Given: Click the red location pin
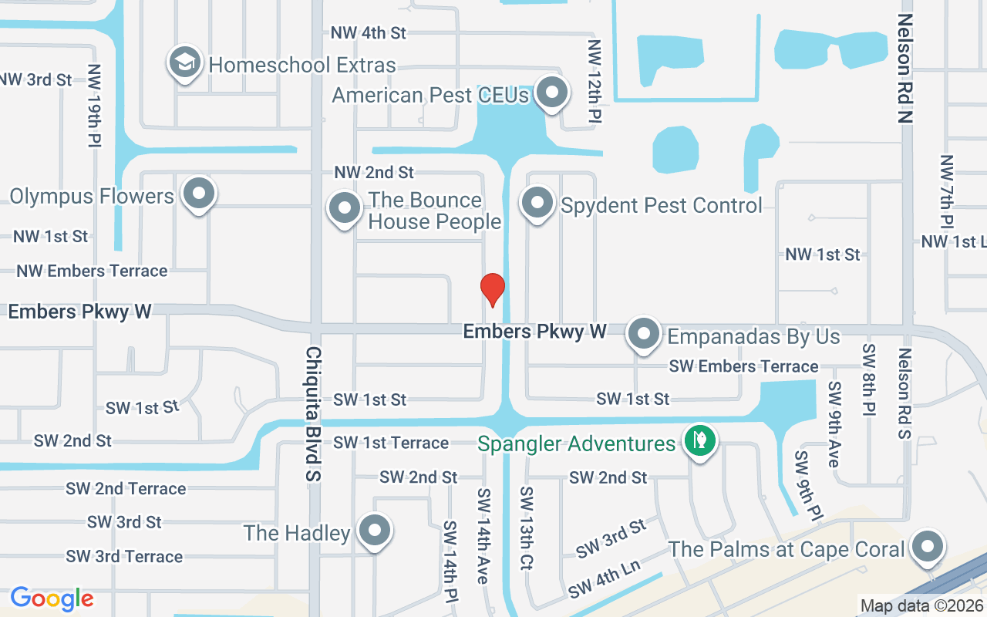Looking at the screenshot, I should (x=492, y=289).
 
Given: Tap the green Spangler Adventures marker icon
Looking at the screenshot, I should (x=699, y=443).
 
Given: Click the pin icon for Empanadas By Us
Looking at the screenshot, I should (x=642, y=335).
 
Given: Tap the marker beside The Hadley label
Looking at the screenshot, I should (x=375, y=531).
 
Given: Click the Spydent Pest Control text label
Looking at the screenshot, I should (x=662, y=205).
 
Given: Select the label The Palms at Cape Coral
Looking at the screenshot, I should (x=786, y=549).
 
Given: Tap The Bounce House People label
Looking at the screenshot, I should (x=435, y=211).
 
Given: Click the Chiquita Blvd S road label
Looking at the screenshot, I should (x=313, y=413).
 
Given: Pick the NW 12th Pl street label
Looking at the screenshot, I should (x=594, y=82).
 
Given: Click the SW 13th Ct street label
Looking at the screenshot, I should (x=527, y=528).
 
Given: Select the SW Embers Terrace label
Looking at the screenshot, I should (x=743, y=366).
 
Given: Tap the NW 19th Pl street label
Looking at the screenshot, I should (x=95, y=105).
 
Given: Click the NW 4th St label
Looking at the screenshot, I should (x=368, y=33).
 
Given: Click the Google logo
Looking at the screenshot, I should (x=52, y=598).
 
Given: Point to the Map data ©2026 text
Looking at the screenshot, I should (x=921, y=606).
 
